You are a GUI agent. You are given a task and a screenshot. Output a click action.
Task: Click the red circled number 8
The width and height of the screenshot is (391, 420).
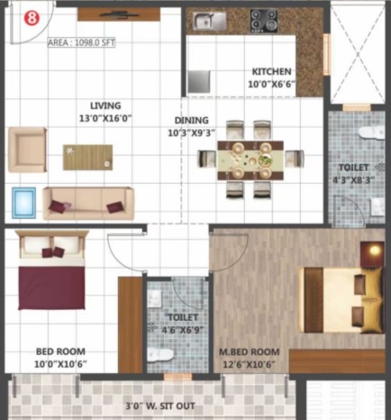[x=32, y=18]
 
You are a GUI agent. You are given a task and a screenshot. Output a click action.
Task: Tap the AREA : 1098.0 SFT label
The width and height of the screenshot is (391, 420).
[x=81, y=42]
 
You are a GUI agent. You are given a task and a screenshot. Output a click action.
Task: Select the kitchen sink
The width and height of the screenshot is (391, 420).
[x=210, y=22]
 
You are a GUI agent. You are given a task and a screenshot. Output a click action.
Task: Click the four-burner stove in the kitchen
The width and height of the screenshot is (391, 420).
[x=264, y=21]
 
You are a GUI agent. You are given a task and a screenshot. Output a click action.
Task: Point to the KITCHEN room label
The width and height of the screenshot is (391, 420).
[x=271, y=72]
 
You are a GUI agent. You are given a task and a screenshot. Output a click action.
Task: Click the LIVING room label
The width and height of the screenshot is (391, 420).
[x=105, y=105]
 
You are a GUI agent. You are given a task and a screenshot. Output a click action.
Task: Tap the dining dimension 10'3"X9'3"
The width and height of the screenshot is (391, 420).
[x=192, y=132]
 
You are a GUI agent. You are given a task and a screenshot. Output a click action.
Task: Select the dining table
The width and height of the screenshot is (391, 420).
[x=250, y=160]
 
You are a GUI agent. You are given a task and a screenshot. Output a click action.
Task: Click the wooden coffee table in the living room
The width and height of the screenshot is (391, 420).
[x=87, y=158]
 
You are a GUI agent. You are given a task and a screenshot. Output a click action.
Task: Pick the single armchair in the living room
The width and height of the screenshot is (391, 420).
[x=28, y=150]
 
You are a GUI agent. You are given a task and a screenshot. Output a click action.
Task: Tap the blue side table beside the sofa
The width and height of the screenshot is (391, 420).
[x=24, y=203]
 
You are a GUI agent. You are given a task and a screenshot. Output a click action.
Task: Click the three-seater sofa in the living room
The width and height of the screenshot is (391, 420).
[x=88, y=204]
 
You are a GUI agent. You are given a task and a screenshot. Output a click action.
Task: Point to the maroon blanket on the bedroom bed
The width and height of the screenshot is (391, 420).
[x=51, y=288]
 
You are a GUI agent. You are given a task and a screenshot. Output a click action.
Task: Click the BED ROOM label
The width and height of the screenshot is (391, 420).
[x=60, y=352]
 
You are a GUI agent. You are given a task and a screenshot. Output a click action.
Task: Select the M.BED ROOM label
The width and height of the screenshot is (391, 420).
[x=250, y=352]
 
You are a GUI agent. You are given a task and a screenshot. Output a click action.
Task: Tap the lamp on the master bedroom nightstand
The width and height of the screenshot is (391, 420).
[x=375, y=250]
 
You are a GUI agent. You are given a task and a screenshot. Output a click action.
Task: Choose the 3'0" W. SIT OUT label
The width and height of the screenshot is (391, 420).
[x=160, y=406]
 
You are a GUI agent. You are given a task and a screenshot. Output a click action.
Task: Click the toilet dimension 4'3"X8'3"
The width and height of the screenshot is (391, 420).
[x=354, y=180]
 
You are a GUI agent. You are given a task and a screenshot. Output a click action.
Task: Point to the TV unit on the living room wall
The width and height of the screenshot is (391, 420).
[x=119, y=14]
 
